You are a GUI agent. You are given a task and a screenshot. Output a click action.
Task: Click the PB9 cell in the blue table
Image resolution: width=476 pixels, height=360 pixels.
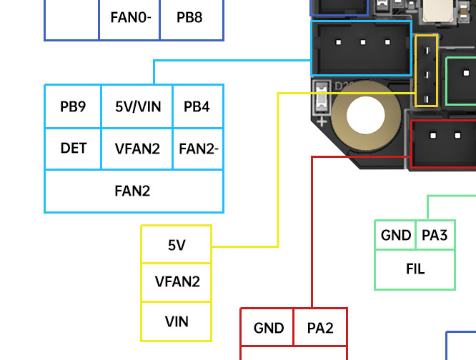tap(73, 106)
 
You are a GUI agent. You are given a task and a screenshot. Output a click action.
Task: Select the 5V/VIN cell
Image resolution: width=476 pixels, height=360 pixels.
tap(137, 106)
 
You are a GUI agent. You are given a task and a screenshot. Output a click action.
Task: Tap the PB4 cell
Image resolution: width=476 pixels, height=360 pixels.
tap(197, 106)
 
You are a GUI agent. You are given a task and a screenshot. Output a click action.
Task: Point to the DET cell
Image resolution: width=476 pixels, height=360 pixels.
tap(73, 149)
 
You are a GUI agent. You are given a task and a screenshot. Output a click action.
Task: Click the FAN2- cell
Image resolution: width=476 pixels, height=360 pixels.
tap(198, 149)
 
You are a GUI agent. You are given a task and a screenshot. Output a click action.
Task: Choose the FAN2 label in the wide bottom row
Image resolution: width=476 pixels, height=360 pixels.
tap(133, 191)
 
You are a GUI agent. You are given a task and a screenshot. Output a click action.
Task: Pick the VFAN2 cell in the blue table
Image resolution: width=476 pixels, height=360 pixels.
tap(137, 149)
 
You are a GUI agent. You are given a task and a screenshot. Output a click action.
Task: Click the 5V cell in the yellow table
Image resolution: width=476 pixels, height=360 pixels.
tap(177, 245)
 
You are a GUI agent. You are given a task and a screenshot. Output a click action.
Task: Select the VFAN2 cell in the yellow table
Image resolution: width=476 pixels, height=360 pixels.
tap(177, 281)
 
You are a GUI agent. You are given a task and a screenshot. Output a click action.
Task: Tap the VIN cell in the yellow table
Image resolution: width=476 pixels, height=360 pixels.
tap(177, 321)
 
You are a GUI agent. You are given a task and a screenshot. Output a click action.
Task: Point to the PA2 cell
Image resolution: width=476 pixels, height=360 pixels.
tap(319, 329)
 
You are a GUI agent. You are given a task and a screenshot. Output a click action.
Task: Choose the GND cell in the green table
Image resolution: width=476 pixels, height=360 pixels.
tap(395, 235)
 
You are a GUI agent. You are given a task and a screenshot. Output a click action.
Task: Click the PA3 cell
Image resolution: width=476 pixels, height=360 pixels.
tap(435, 235)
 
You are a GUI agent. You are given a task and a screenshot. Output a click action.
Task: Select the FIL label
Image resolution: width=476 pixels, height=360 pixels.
tap(415, 269)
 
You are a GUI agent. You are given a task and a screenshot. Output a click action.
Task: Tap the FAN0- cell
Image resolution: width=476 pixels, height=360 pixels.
tap(129, 16)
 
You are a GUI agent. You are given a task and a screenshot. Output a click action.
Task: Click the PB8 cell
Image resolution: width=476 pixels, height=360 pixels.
tap(189, 16)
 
